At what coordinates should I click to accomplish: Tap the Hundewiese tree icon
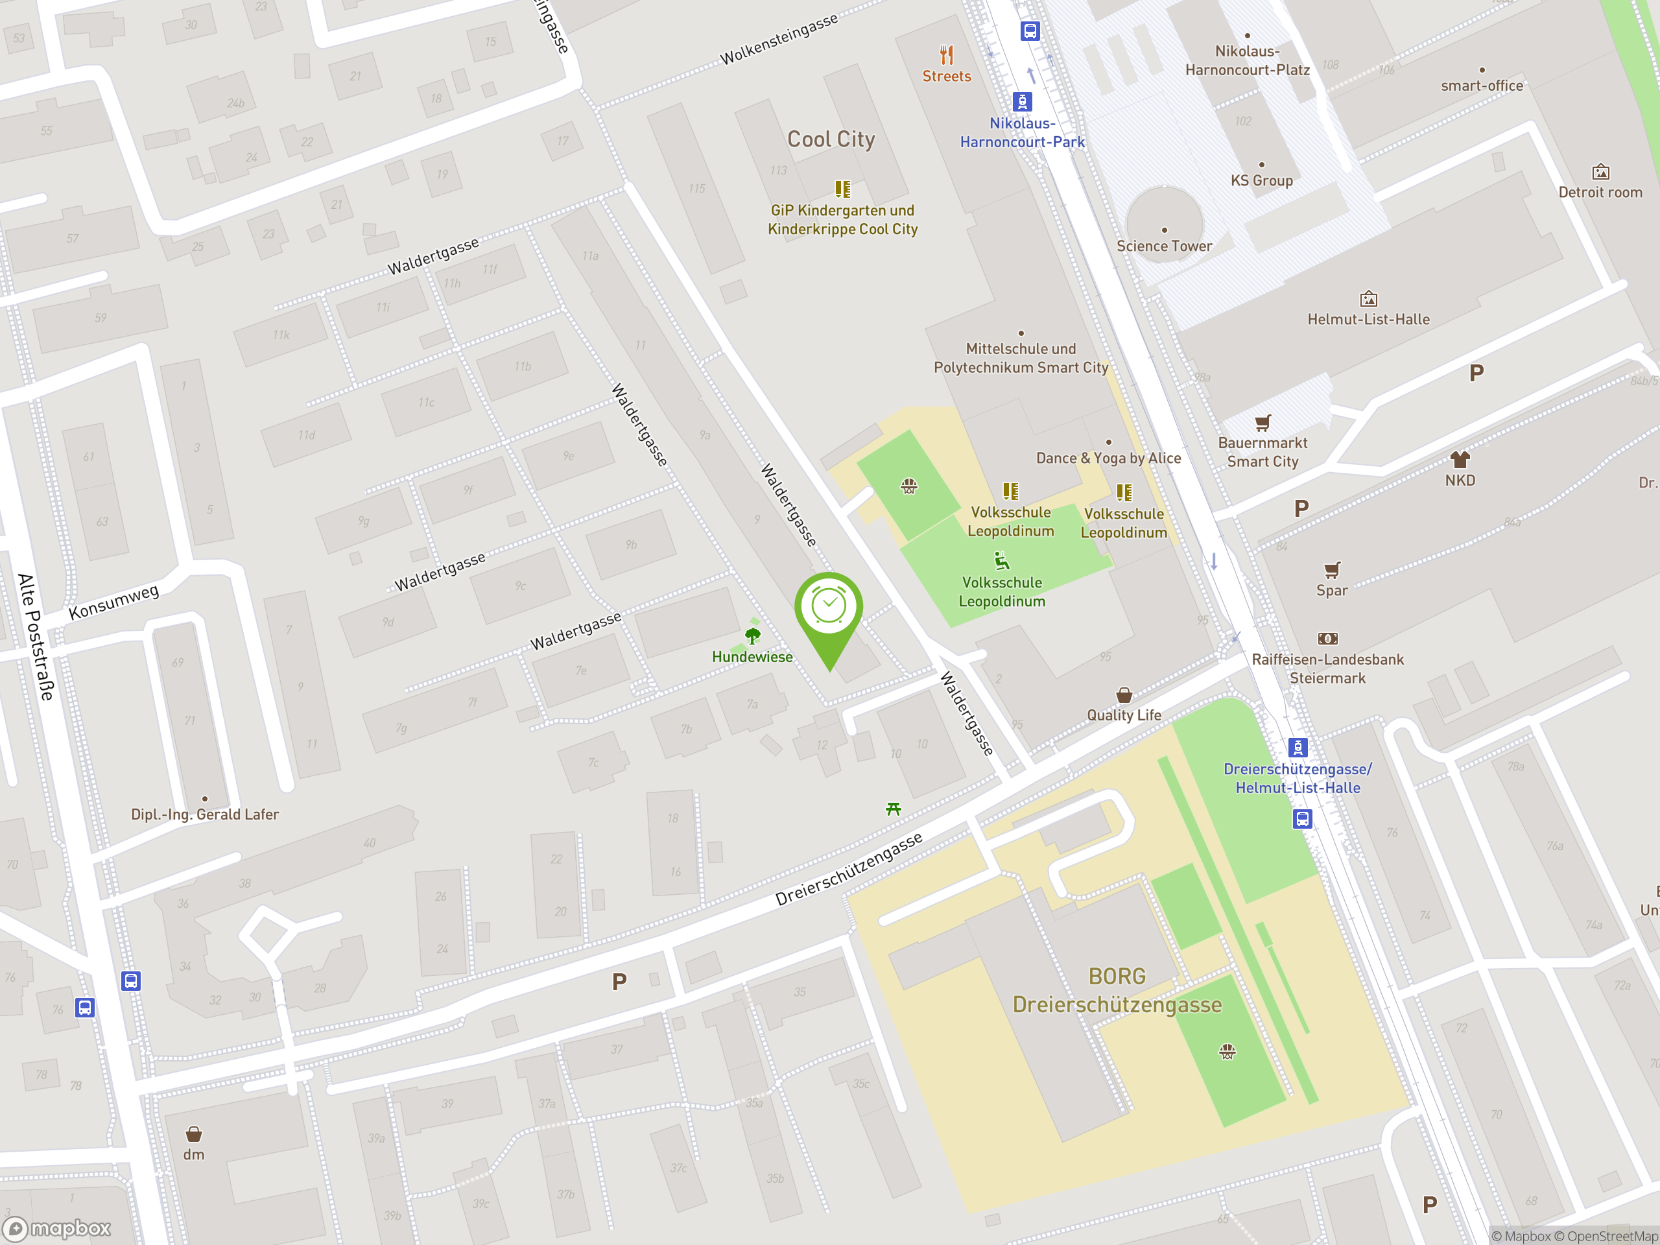click(753, 635)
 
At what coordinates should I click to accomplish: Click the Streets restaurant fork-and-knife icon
click(946, 54)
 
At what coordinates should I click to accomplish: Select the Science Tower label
click(1164, 246)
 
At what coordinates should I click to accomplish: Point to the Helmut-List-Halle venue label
click(1368, 320)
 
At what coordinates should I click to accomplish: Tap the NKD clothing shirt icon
click(1460, 459)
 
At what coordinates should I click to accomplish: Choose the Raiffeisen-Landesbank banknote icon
click(1327, 639)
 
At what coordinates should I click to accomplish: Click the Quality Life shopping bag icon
click(1124, 695)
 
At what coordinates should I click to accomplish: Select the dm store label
click(194, 1155)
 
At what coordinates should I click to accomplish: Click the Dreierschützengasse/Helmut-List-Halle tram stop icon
click(1298, 748)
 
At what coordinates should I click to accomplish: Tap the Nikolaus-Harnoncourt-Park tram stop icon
click(1022, 101)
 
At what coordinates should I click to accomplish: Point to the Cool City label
click(831, 139)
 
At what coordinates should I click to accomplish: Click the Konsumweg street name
click(114, 602)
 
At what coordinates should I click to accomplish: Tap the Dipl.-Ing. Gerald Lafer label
click(205, 814)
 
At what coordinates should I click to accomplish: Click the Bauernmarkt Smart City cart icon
click(1263, 423)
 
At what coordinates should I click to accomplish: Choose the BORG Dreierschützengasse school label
click(1117, 991)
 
